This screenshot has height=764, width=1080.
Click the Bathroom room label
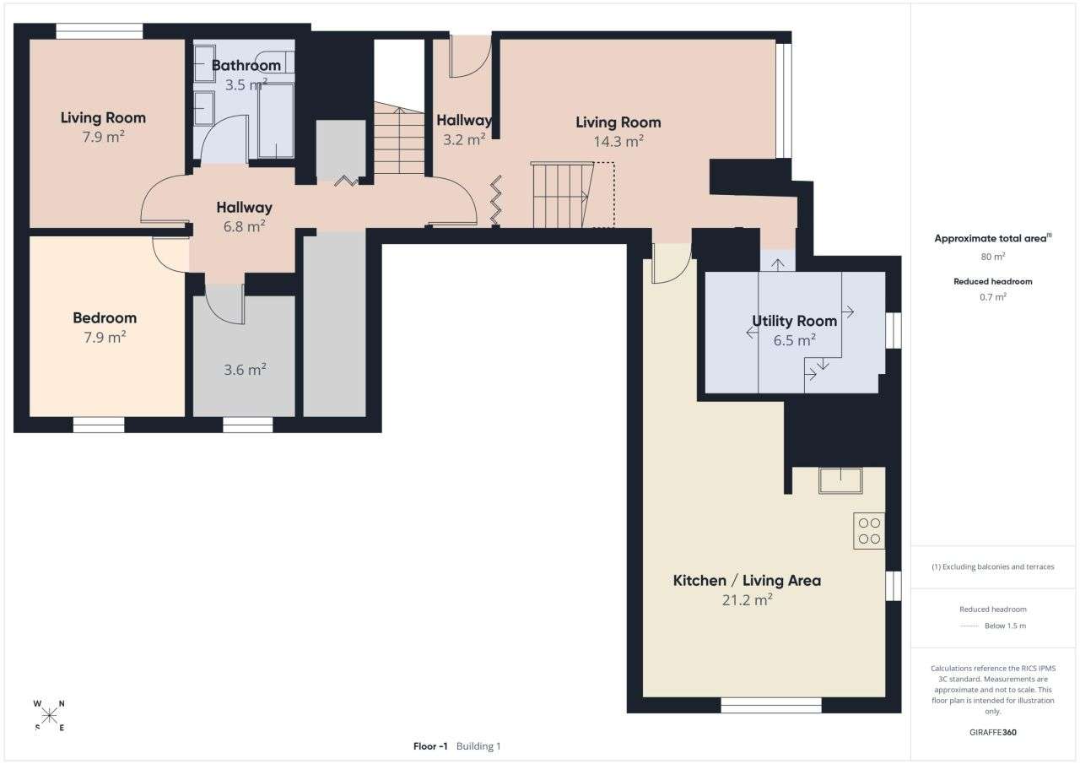tap(246, 65)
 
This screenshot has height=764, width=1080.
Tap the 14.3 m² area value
tap(618, 141)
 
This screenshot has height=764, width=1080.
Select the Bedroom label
tap(105, 318)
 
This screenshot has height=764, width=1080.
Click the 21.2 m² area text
tap(747, 600)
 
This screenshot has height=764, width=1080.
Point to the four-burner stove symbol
tap(869, 531)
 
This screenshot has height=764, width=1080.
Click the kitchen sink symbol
tap(840, 481)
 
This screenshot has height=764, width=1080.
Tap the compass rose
tap(49, 716)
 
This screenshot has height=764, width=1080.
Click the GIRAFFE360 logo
tap(993, 732)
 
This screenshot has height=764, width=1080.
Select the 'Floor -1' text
tap(430, 746)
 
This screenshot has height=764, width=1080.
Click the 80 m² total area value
tap(993, 257)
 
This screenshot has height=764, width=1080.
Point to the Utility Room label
tap(794, 321)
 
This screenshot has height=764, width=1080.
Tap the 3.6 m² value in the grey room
tap(245, 370)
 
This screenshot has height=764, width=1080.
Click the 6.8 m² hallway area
tap(244, 226)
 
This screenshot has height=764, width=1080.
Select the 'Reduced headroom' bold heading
tap(993, 281)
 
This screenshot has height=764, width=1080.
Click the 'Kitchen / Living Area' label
tap(747, 580)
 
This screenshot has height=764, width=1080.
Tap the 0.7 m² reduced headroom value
tap(993, 297)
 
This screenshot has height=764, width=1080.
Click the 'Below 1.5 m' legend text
tap(1005, 626)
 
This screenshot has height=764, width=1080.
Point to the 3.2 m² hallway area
tap(464, 140)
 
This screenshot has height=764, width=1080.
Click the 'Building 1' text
tap(478, 746)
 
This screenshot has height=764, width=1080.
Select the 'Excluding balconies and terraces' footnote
tap(998, 566)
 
